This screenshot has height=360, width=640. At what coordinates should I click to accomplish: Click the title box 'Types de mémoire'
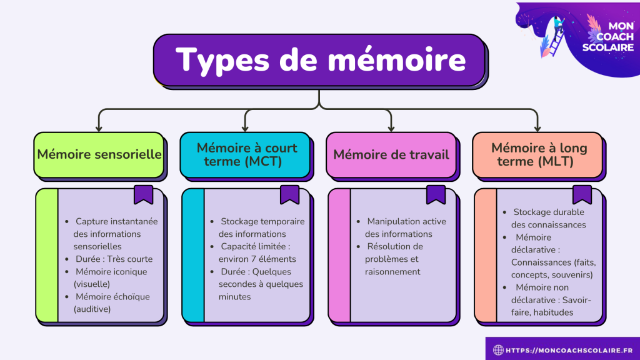pos(319,61)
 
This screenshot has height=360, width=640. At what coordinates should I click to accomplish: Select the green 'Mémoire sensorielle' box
pos(99,154)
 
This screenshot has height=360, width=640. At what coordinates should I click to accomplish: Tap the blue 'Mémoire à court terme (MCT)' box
pos(246,154)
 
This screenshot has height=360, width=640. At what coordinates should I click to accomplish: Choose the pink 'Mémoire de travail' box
pos(392,154)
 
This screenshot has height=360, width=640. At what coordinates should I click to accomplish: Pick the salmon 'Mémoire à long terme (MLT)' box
pos(539,154)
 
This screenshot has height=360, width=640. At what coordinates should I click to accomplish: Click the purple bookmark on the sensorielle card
pos(143,195)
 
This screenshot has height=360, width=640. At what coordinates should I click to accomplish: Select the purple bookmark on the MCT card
pos(289,195)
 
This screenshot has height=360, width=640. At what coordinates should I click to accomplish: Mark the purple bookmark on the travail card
pos(436,195)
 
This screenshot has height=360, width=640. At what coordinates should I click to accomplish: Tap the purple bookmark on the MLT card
pos(582,195)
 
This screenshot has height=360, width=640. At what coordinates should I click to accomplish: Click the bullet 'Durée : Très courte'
pos(114,259)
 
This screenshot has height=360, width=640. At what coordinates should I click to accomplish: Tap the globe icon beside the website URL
pos(498,350)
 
